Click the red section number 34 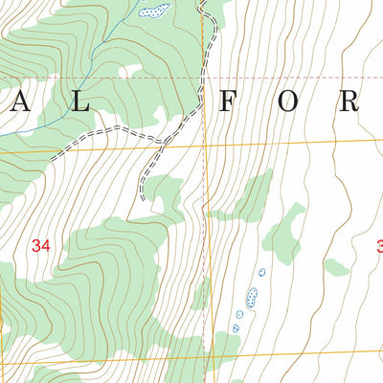point(40,246)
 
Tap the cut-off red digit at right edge point(379,246)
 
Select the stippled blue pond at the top point(153,11)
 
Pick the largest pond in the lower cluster point(252,298)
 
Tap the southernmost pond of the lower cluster point(236,328)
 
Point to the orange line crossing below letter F point(205,144)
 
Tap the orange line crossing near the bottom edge point(205,354)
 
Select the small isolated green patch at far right point(336,266)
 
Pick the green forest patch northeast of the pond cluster point(284,235)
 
